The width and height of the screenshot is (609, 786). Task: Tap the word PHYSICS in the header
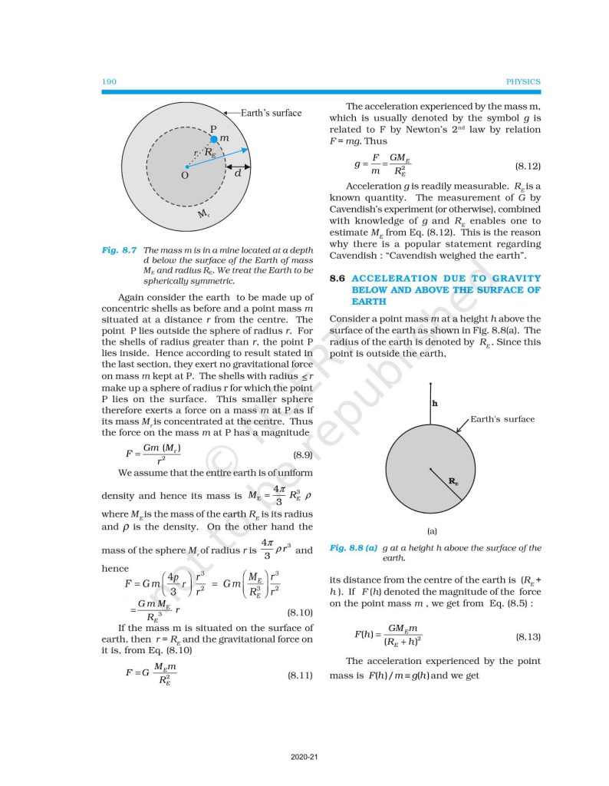click(x=524, y=81)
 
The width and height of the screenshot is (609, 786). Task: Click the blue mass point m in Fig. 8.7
click(x=216, y=138)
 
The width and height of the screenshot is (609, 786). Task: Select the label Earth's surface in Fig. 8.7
click(x=271, y=113)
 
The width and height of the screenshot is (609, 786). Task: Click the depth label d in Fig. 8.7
click(x=238, y=174)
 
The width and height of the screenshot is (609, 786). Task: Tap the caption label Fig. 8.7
click(x=119, y=250)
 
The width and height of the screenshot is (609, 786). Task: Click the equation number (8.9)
click(x=300, y=455)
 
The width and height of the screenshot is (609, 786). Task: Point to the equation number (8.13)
click(x=528, y=637)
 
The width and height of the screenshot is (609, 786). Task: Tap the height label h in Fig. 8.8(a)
click(x=434, y=403)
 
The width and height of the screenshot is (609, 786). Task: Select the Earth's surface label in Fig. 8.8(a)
click(x=502, y=419)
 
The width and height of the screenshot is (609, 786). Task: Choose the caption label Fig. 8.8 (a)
click(x=354, y=548)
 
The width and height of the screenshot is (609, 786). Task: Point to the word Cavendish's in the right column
click(x=357, y=208)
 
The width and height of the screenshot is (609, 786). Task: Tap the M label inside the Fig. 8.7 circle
click(x=202, y=214)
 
